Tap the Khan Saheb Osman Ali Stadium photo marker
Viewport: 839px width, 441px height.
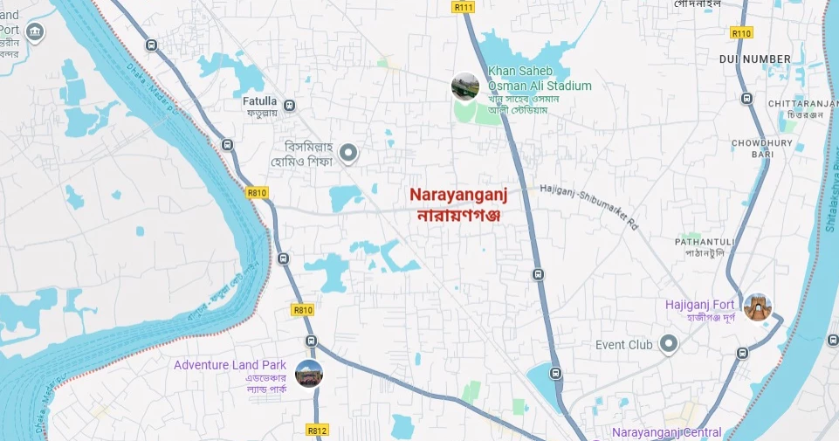coord(464,86)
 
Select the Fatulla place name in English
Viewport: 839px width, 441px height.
coord(259,100)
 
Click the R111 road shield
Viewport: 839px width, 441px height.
coord(464,7)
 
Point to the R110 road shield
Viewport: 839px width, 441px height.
coord(741,32)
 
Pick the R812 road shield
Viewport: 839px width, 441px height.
coord(317,431)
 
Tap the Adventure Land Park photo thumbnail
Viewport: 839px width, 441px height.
coord(309,373)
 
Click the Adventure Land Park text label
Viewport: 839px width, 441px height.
coord(230,365)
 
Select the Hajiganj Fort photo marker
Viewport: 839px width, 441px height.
coord(757,307)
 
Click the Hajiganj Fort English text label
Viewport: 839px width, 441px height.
coord(700,304)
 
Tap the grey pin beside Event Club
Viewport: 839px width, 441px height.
coord(669,345)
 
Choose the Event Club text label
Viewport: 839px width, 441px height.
coord(624,345)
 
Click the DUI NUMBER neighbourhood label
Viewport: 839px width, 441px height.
coord(754,59)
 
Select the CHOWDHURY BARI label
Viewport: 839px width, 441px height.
coord(761,148)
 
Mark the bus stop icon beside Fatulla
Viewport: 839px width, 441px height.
coord(290,106)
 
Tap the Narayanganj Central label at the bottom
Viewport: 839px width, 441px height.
coord(666,433)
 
